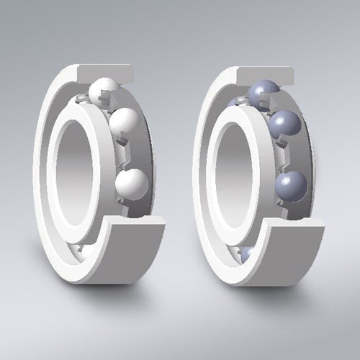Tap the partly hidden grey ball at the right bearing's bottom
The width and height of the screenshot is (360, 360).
[246, 253]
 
